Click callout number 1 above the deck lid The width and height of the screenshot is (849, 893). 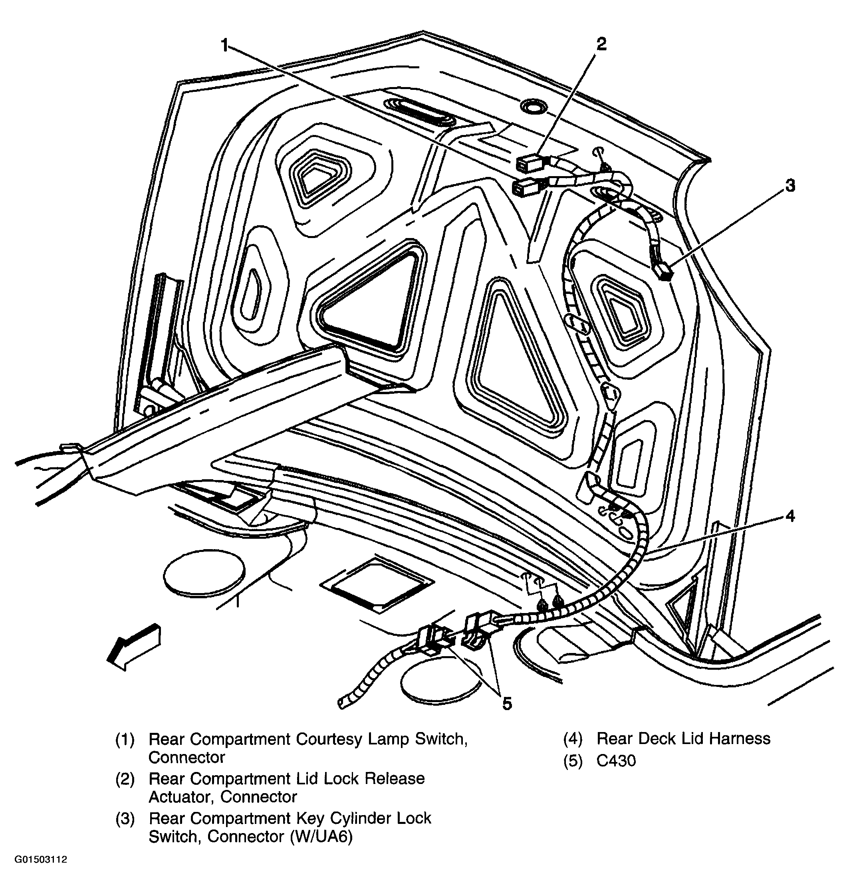coord(225,46)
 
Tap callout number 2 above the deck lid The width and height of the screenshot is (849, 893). coord(601,44)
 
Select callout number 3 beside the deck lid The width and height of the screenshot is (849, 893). coord(790,185)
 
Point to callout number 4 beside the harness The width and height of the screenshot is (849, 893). coord(790,516)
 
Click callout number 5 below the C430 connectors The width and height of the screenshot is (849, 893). coord(507,703)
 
